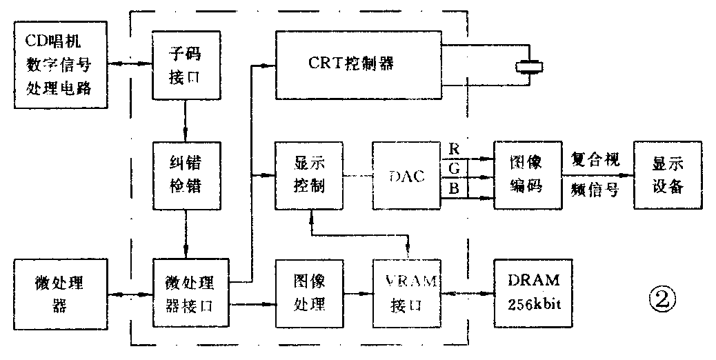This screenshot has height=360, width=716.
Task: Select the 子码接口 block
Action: [185, 65]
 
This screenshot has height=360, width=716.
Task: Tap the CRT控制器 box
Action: [359, 63]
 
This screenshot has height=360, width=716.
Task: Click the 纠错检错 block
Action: [185, 175]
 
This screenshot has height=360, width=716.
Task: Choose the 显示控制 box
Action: [309, 175]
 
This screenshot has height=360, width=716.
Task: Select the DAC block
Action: [406, 176]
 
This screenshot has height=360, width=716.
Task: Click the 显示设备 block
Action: [667, 175]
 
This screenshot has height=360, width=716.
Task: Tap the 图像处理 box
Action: [309, 294]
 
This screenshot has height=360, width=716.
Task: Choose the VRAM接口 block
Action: [406, 294]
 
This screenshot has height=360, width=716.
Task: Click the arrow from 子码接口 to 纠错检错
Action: [185, 121]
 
